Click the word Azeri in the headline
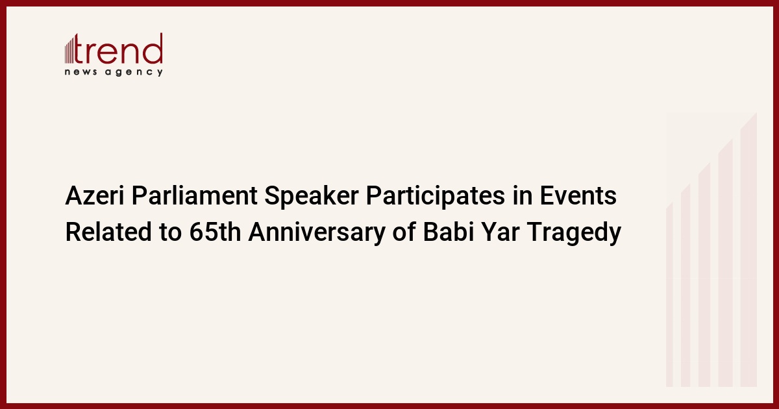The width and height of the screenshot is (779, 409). [95, 195]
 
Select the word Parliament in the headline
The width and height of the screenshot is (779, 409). [194, 195]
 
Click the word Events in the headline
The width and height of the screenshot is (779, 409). [578, 195]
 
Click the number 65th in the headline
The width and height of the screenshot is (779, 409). [216, 232]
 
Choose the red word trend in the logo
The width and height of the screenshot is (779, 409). [119, 49]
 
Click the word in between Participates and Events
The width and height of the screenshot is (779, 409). [522, 195]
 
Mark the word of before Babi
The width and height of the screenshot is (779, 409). [404, 232]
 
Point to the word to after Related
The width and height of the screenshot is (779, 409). [170, 232]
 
